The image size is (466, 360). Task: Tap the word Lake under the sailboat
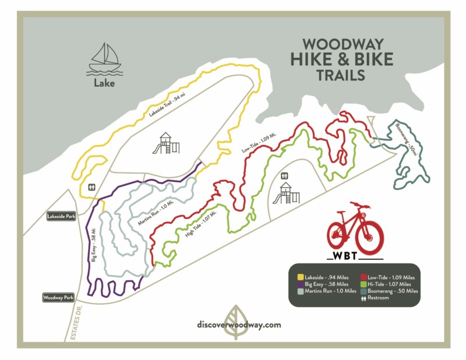click(x=104, y=83)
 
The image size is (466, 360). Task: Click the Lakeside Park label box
click(x=62, y=216)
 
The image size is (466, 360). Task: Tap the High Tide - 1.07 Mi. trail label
click(x=201, y=224)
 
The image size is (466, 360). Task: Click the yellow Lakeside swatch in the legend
click(x=300, y=277)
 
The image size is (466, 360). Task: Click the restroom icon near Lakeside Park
click(x=91, y=187)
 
